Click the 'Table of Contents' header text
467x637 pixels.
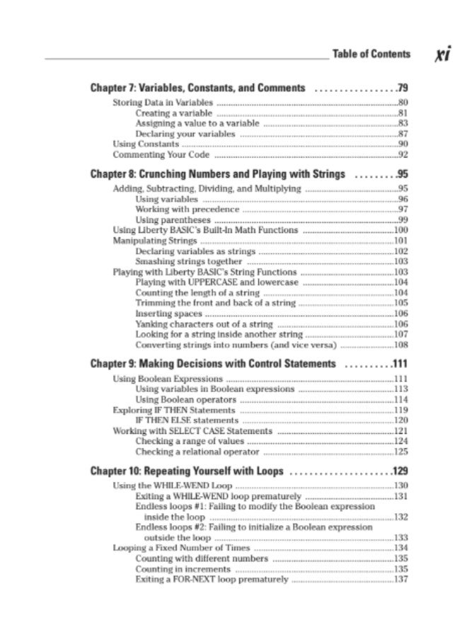point(371,54)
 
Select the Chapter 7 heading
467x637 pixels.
point(198,88)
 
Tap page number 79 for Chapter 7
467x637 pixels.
point(403,88)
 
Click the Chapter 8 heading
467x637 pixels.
point(218,174)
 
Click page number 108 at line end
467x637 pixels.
point(401,345)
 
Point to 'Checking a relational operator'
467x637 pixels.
point(198,452)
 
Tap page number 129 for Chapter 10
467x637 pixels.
point(401,471)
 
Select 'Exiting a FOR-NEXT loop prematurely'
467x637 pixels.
point(212,580)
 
